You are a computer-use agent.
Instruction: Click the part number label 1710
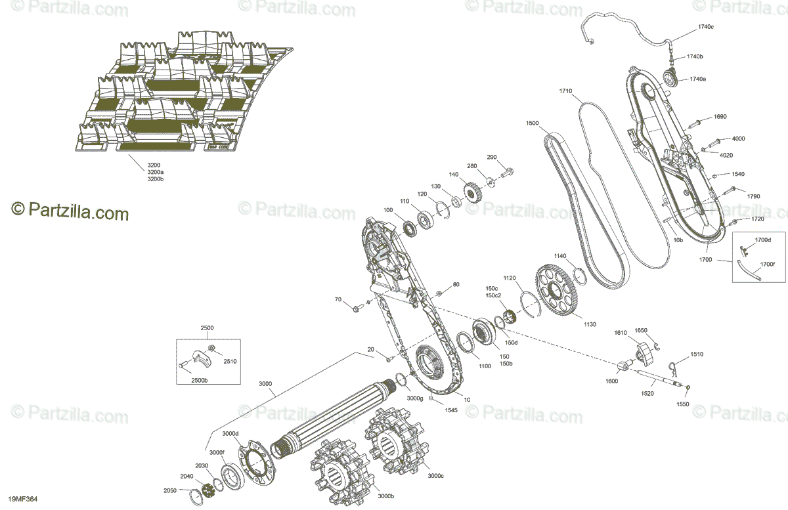point(566,91)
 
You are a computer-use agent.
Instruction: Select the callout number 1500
point(532,123)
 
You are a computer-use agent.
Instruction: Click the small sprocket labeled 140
point(471,193)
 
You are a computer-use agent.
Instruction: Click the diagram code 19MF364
point(24,499)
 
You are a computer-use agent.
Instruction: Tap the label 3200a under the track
point(156,172)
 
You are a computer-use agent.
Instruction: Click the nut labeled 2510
point(211,348)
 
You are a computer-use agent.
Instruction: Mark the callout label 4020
point(726,155)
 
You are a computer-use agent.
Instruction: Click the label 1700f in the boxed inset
point(768,265)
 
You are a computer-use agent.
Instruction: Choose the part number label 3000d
point(230,433)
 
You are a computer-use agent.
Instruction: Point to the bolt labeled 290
point(507,173)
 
